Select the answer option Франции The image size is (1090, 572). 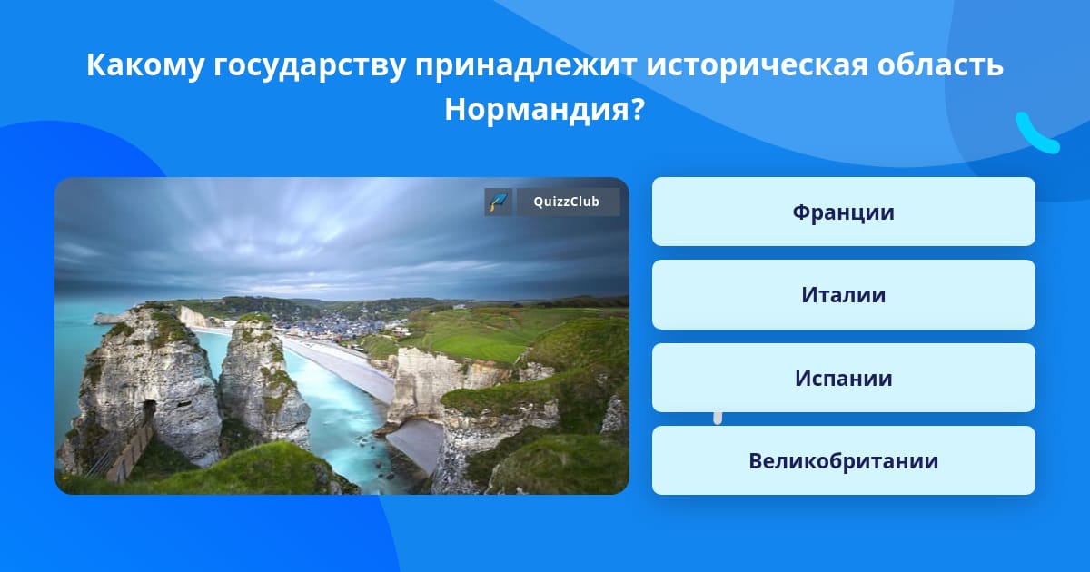(x=843, y=212)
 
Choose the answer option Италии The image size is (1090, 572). (x=843, y=295)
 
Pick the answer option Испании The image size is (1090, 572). (x=843, y=378)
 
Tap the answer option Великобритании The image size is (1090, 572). (x=843, y=460)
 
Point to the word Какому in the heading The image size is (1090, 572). (x=145, y=64)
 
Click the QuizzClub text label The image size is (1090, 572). (x=567, y=202)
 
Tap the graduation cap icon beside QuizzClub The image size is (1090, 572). (x=499, y=202)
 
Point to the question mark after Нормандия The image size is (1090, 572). (x=639, y=109)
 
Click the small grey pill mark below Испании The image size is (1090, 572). (x=718, y=418)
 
